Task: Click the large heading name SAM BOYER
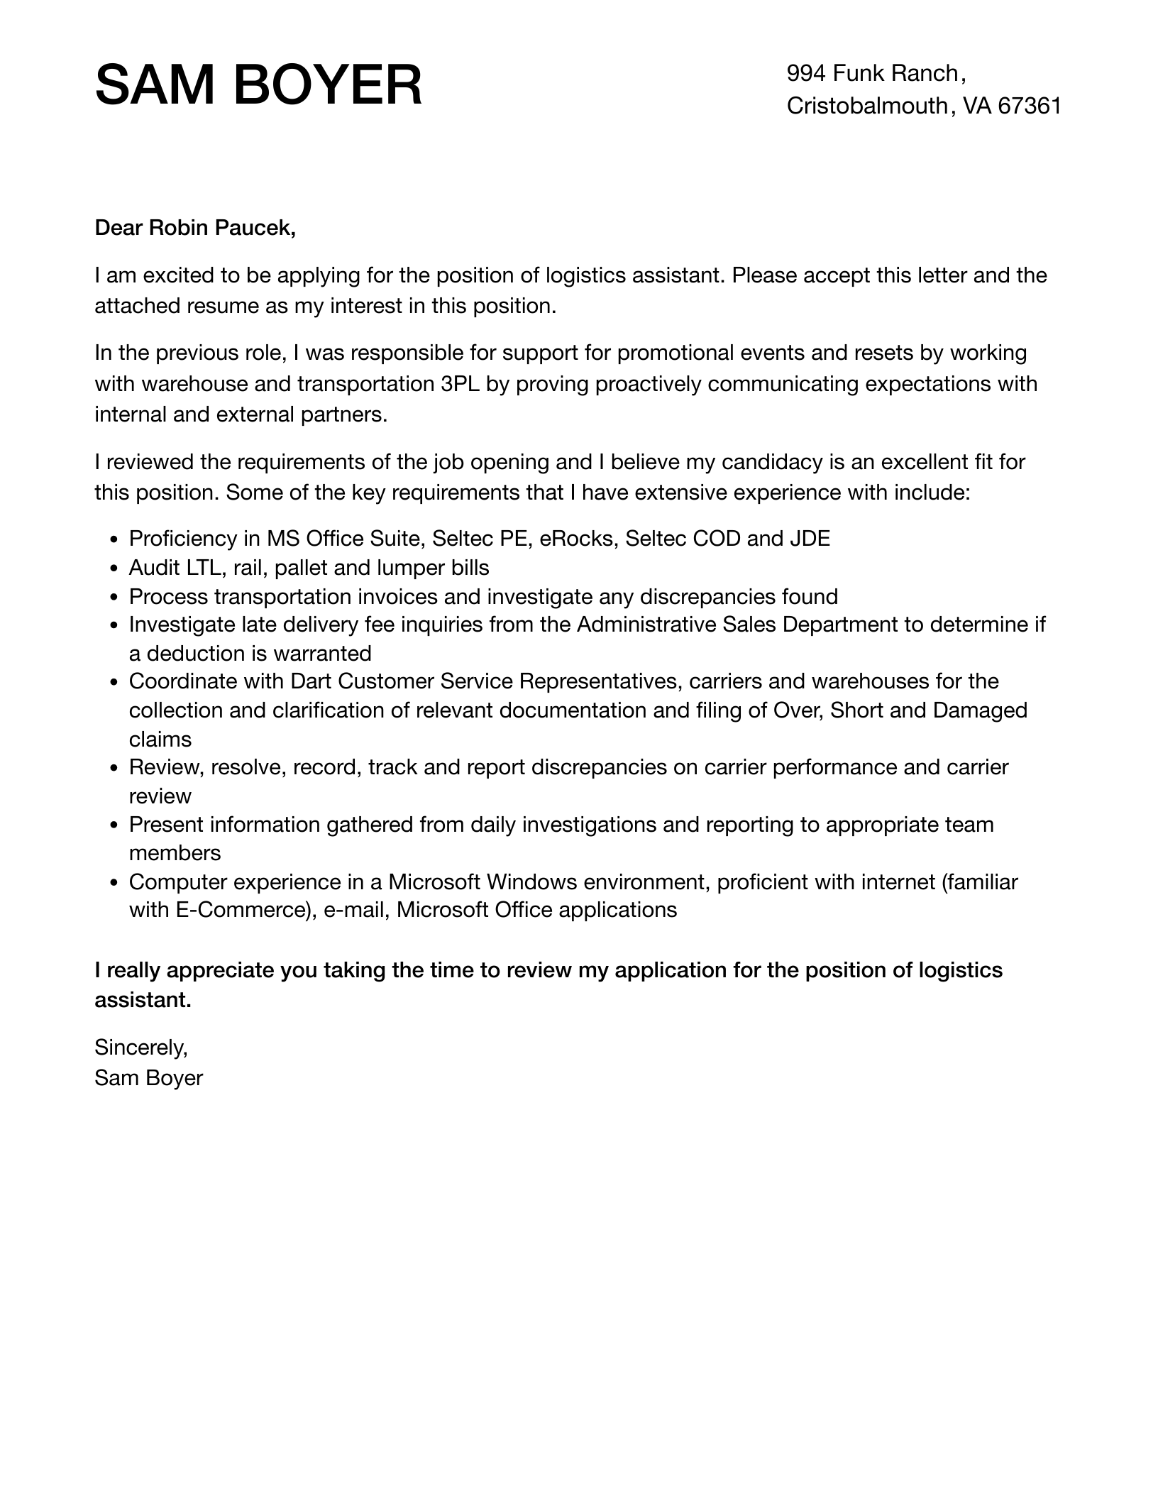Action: pos(258,86)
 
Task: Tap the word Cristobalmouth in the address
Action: pos(867,106)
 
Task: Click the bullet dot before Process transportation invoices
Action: pos(114,598)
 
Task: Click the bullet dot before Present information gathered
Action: pos(114,826)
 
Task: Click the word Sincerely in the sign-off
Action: pos(140,1047)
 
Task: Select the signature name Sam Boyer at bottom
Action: pos(148,1078)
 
